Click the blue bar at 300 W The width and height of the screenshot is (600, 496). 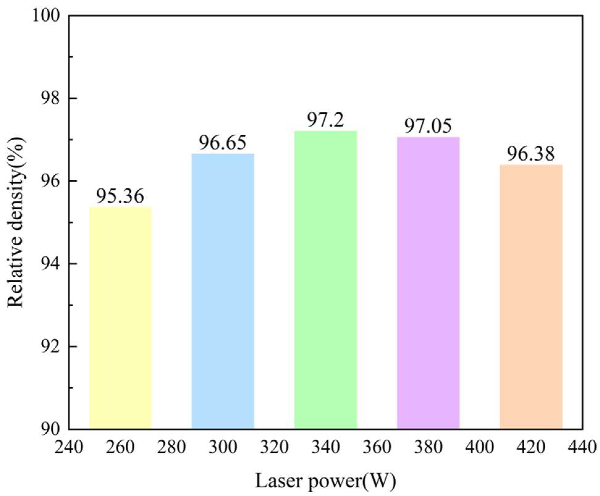[223, 291]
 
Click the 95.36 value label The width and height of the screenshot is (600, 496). [120, 196]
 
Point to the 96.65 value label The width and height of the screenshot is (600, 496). [223, 143]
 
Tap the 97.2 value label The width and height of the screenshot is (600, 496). [325, 120]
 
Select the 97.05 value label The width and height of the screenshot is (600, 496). [428, 126]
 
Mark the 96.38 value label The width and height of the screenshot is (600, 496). [531, 154]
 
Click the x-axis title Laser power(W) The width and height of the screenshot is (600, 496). [325, 481]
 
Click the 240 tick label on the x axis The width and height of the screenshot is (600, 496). [69, 447]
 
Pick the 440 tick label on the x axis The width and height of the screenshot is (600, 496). [582, 447]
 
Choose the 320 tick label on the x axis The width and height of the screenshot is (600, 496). [274, 447]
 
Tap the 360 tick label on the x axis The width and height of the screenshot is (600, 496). [377, 447]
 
